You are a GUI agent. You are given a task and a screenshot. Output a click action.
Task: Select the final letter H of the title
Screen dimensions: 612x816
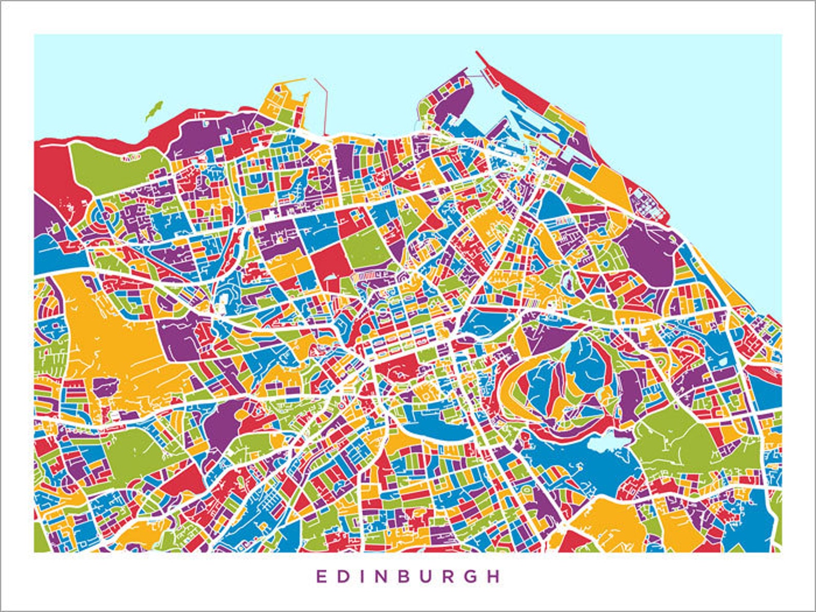click(494, 576)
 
